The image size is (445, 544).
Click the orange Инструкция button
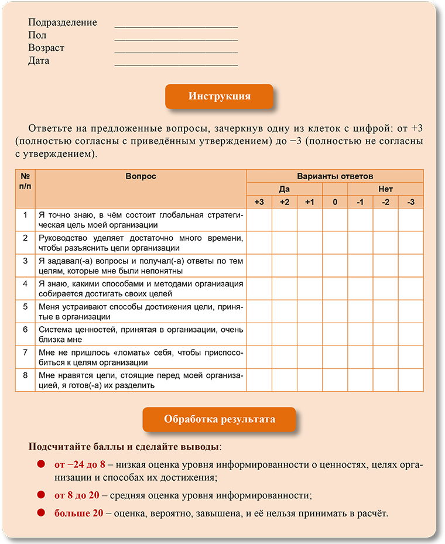coord(219,96)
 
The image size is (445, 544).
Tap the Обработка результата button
coord(219,419)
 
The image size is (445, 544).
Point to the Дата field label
coord(39,61)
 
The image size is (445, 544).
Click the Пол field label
coord(37,36)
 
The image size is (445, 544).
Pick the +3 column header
coord(259,202)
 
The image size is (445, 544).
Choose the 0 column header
coord(335,202)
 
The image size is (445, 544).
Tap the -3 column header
coord(410,202)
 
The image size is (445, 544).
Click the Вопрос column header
coord(141,176)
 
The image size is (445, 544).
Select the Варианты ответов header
coord(335,176)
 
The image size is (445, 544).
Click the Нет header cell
coord(385,189)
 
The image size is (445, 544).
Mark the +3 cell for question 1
coord(259,220)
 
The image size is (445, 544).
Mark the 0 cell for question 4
coord(335,288)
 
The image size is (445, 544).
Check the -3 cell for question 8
coord(410,380)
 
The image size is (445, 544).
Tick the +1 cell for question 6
coord(310,334)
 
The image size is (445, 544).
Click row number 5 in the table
coord(25,306)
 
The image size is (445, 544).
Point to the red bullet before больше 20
coord(41,513)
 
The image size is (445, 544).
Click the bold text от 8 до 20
coord(77,495)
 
